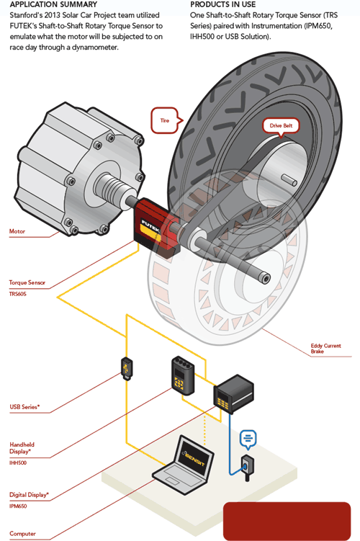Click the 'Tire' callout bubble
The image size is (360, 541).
166,120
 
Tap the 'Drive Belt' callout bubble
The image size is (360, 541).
281,126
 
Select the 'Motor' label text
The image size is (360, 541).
17,231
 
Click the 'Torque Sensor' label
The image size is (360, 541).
27,282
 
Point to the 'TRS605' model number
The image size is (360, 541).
17,294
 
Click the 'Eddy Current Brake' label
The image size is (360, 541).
325,349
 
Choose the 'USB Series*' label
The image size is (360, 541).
24,407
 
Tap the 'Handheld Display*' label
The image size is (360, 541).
22,448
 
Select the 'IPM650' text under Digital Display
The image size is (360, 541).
18,506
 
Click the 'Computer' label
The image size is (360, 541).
22,533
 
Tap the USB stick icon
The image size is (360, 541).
127,369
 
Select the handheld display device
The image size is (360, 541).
183,375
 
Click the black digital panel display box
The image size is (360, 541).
233,393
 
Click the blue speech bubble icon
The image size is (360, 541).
248,439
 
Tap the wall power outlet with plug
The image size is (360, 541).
247,468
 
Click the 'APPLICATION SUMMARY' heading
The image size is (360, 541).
53,4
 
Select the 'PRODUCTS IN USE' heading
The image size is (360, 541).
222,4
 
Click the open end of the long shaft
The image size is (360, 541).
264,278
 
